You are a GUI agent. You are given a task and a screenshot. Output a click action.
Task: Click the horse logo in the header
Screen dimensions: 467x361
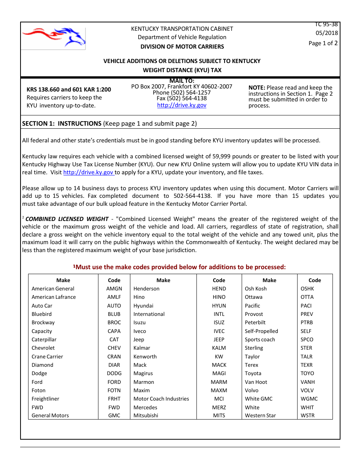[54, 37]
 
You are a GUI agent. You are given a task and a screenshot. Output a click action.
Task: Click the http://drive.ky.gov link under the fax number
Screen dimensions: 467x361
[182, 105]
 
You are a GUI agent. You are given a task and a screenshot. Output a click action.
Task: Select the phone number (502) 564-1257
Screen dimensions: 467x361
[182, 93]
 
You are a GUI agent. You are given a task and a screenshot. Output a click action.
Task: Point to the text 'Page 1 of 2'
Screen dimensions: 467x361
[323, 43]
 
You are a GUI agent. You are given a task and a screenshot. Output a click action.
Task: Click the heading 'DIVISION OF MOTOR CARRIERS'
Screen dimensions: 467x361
[182, 47]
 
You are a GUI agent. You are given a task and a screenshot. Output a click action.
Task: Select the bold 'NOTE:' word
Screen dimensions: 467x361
[257, 88]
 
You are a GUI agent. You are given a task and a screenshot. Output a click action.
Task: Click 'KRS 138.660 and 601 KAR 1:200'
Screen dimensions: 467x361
[69, 90]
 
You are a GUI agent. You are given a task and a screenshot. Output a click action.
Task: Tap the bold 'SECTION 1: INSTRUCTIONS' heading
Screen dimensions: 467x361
[62, 123]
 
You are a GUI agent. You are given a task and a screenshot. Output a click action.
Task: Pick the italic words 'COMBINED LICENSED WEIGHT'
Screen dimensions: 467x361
[67, 219]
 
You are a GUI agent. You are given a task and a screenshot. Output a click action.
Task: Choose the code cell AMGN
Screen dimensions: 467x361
[114, 289]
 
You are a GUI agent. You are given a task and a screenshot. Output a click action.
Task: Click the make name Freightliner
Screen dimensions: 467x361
[45, 399]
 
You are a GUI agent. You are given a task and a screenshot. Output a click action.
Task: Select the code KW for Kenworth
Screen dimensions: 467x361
[219, 357]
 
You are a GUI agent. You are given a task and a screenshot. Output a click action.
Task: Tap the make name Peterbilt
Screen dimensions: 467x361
[257, 322]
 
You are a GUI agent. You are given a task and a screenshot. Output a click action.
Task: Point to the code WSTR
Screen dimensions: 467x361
[307, 415]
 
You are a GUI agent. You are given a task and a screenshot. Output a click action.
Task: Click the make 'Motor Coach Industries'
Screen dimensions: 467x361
[161, 399]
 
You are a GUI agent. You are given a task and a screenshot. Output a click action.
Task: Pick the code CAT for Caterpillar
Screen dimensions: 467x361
[114, 339]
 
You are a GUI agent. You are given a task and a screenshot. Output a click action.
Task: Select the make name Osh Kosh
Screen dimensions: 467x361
[256, 289]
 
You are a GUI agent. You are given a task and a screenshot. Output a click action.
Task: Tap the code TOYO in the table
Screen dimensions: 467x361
[307, 373]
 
